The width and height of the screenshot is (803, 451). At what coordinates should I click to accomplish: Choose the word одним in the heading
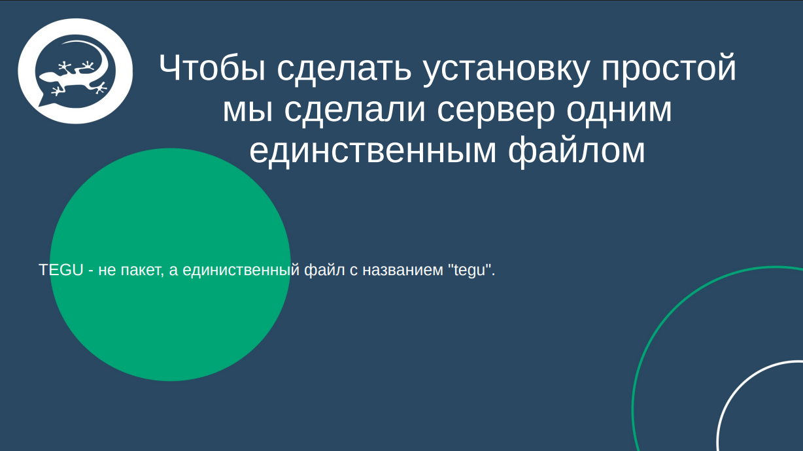click(619, 110)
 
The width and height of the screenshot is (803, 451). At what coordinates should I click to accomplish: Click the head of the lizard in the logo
click(46, 76)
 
